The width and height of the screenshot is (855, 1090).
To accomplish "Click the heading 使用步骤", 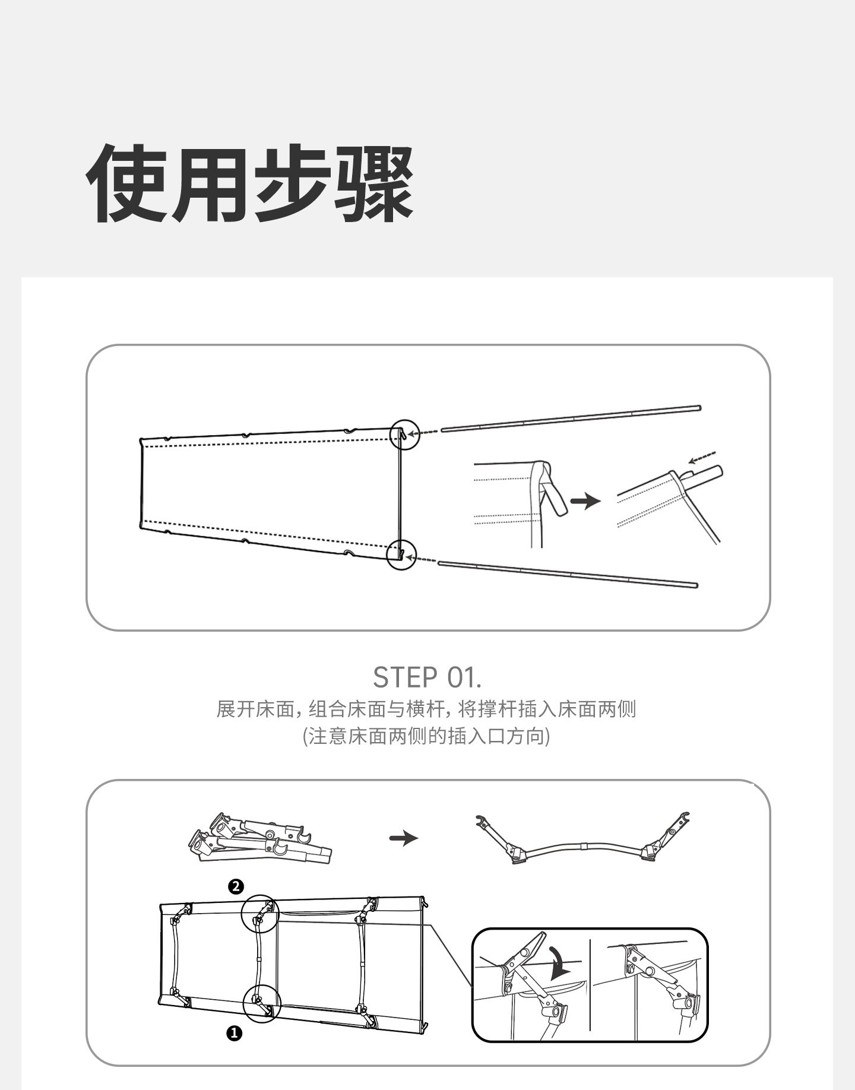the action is coord(250,185).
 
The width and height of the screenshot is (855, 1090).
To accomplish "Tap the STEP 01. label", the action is coord(427,677).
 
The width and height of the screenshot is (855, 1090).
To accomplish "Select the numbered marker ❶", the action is coord(235,1034).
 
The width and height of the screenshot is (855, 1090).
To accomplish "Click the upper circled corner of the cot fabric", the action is coord(404,435).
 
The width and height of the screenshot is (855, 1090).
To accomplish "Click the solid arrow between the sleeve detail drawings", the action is coord(585,502).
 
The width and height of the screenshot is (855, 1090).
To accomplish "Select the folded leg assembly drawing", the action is coord(259,838).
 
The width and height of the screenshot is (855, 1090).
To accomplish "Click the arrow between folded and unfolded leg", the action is coord(404,838).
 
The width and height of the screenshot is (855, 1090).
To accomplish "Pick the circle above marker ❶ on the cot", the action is coord(261,1003).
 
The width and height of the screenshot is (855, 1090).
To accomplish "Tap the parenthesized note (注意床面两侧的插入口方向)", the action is coord(426,737).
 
